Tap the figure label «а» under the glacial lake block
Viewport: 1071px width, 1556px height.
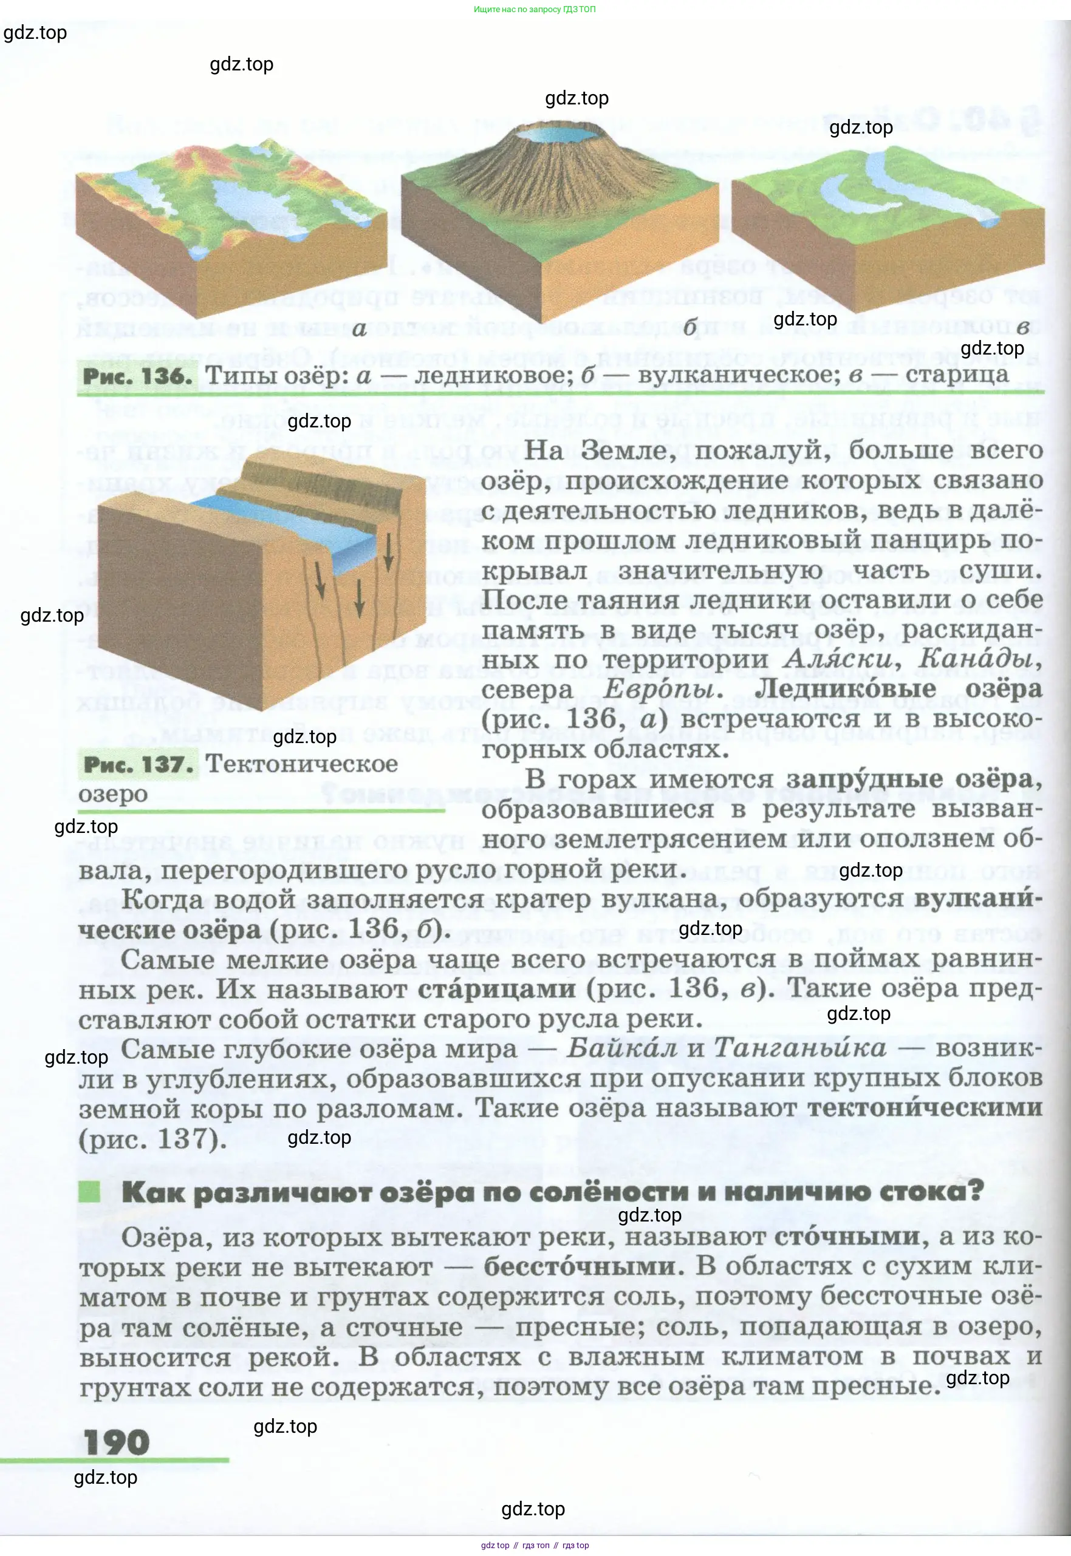click(359, 328)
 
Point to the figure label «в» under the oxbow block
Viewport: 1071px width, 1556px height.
click(1022, 327)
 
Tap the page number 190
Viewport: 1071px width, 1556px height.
click(116, 1442)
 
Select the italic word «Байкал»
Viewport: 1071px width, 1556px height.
click(621, 1048)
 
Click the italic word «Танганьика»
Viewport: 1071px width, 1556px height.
click(799, 1048)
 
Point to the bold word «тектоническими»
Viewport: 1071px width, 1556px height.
click(925, 1107)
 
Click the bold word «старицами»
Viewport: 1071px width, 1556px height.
click(496, 988)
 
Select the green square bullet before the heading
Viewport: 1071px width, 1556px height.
click(89, 1192)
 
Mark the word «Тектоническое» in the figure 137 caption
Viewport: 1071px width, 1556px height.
click(301, 764)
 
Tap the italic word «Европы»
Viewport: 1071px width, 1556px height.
click(663, 689)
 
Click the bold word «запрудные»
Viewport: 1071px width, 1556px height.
click(866, 779)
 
